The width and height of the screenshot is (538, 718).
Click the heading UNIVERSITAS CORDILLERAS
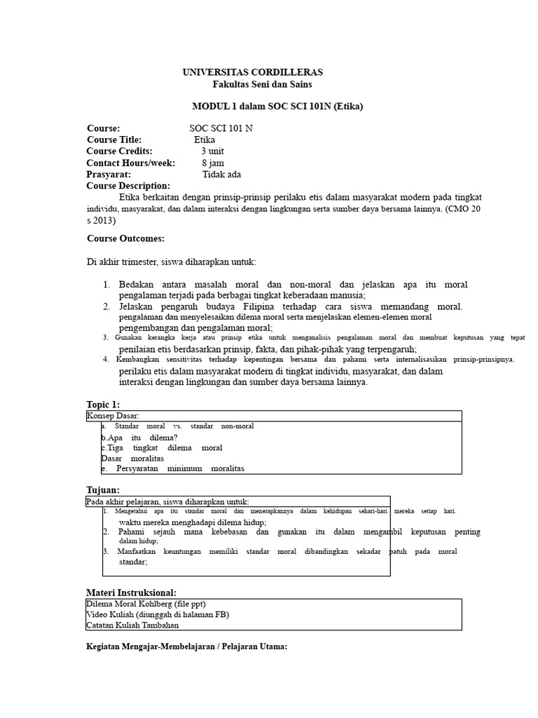click(x=253, y=72)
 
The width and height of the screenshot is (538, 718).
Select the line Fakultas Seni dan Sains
click(x=263, y=85)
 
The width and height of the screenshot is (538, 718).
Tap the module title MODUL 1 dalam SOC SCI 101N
click(x=278, y=107)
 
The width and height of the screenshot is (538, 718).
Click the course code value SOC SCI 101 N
click(x=221, y=128)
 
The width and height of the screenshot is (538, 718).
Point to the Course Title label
click(x=114, y=140)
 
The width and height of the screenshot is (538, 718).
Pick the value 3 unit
click(x=213, y=151)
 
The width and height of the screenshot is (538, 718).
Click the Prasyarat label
click(x=109, y=174)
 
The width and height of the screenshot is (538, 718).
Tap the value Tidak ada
click(x=221, y=174)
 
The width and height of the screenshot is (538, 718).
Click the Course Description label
click(x=128, y=186)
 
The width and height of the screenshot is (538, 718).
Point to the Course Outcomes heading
click(x=125, y=238)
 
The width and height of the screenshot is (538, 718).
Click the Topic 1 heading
click(x=103, y=405)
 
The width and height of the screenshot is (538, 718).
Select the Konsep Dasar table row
click(x=113, y=416)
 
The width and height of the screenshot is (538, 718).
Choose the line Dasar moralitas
click(x=132, y=458)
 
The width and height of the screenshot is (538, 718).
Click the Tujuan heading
click(x=103, y=489)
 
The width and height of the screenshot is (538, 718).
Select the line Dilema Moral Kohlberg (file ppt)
click(x=146, y=604)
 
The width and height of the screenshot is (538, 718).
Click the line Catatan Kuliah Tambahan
click(x=132, y=625)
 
